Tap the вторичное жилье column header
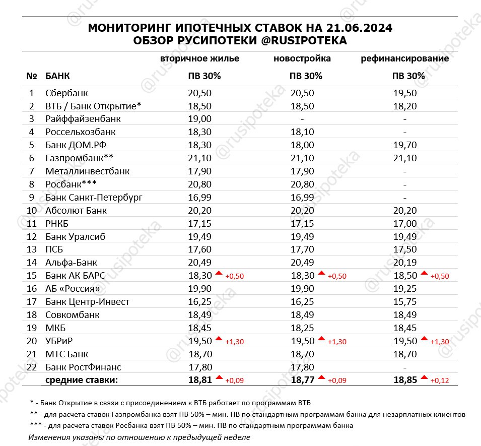[199, 58]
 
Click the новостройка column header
[302, 58]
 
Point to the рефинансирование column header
[405, 58]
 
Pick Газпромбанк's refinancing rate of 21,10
[405, 158]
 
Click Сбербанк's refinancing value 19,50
[405, 93]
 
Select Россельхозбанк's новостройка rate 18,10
[302, 132]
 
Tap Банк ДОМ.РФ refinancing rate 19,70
[405, 145]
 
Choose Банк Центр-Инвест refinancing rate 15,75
[405, 302]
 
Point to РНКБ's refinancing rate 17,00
[405, 224]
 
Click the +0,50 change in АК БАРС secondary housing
[234, 276]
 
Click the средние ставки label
[82, 380]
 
